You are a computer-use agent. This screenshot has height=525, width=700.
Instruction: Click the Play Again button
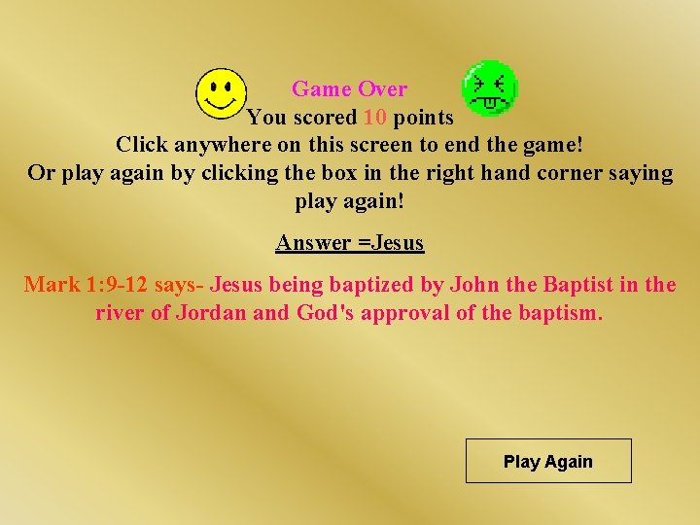[548, 462]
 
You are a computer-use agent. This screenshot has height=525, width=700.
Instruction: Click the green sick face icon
[489, 87]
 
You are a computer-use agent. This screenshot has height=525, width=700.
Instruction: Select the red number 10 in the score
[375, 118]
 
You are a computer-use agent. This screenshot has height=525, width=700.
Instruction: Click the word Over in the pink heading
[382, 89]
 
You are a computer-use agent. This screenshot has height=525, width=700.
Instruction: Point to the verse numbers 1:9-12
[116, 286]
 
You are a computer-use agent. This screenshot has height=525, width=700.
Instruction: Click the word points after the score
[423, 118]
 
